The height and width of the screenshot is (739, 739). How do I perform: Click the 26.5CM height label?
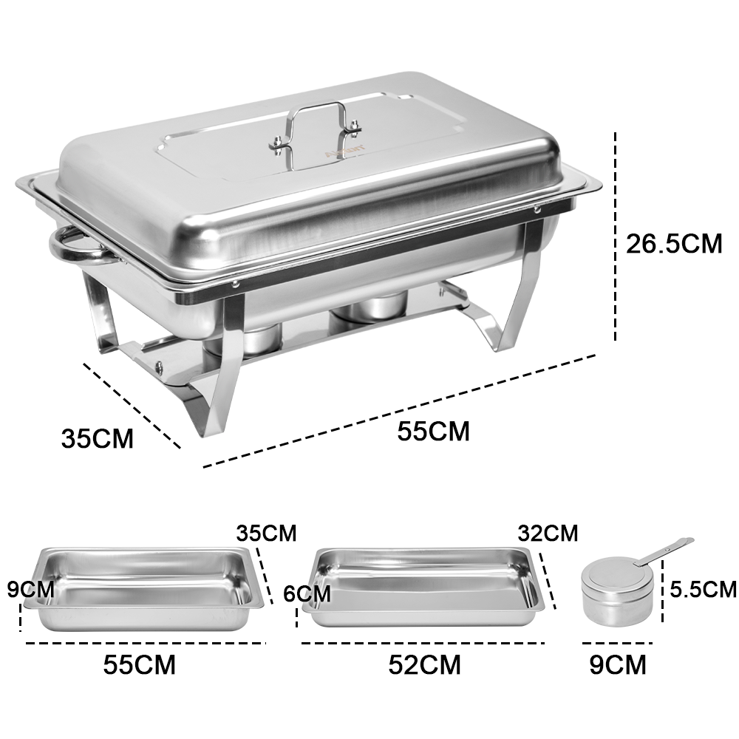[674, 244]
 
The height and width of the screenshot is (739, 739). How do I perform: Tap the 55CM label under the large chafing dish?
[433, 431]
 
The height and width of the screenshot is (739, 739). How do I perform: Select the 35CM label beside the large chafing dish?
[97, 437]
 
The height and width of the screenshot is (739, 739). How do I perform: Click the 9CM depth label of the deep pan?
[30, 589]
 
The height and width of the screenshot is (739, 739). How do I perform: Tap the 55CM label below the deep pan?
[140, 664]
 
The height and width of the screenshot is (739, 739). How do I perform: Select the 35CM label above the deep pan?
[266, 533]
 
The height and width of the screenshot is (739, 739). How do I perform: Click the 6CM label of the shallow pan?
[307, 593]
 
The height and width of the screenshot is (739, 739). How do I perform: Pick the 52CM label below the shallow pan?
[424, 664]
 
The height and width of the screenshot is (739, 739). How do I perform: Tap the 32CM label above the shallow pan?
[548, 533]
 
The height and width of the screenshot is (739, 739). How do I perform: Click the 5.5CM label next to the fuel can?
[704, 589]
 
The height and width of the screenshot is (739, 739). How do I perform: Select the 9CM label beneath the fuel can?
[617, 664]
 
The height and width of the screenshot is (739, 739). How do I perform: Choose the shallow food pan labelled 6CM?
[423, 588]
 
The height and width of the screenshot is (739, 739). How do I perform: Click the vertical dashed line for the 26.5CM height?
[615, 236]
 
